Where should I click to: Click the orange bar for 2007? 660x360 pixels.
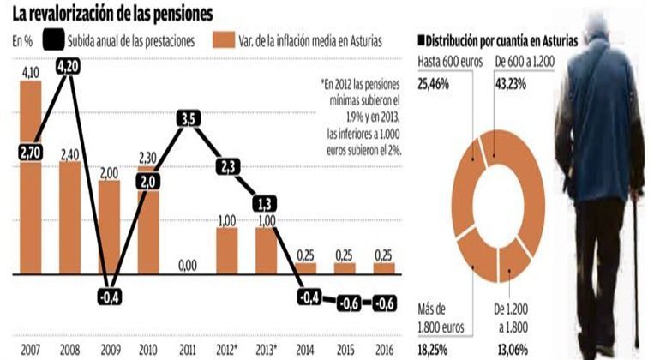click(x=31, y=177)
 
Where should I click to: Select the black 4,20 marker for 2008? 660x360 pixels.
click(x=69, y=67)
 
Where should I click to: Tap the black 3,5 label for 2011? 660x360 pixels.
click(x=189, y=119)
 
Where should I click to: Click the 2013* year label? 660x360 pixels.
click(x=266, y=350)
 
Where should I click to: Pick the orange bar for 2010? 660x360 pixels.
click(x=148, y=219)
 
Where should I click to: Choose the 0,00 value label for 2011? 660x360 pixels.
click(x=188, y=266)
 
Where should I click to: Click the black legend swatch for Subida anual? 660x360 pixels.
click(x=53, y=40)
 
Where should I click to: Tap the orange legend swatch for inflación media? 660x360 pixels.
click(x=224, y=40)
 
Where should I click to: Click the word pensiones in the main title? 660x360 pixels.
click(x=183, y=15)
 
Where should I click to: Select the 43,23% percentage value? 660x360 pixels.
click(x=511, y=84)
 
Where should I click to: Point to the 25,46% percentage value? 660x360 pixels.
click(x=433, y=84)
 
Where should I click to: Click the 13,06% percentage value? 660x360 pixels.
click(x=513, y=350)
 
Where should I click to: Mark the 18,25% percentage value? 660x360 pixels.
click(x=433, y=350)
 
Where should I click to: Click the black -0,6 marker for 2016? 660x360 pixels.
click(x=384, y=303)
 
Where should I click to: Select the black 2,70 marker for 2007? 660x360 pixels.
click(x=31, y=152)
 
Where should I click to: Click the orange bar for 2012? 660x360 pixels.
click(x=227, y=251)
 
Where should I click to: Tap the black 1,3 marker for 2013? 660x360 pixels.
click(x=265, y=204)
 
